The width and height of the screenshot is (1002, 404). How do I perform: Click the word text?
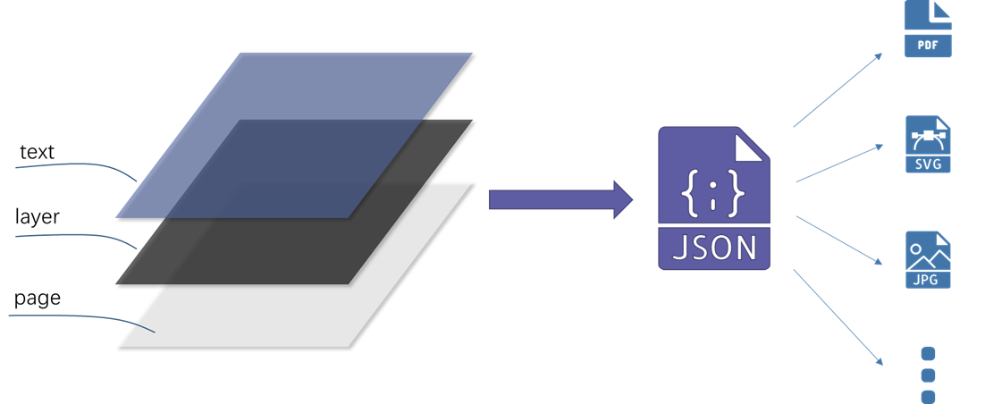point(37,153)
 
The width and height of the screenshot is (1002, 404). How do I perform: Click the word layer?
point(37,217)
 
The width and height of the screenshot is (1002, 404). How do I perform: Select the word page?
point(38,298)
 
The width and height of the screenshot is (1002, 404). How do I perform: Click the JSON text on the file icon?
point(714,247)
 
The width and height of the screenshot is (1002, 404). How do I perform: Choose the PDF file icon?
point(928,29)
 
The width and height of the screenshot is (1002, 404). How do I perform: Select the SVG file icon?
point(928,144)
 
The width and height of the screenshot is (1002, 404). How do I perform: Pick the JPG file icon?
point(928,260)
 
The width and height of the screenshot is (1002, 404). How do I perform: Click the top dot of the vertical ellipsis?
point(928,354)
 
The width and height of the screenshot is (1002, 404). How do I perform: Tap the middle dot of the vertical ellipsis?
point(928,375)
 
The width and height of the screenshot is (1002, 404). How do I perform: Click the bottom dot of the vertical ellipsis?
point(928,397)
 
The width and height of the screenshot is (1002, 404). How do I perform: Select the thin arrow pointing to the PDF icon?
point(838,90)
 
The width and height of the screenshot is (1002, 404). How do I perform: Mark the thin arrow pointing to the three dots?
point(838,317)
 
